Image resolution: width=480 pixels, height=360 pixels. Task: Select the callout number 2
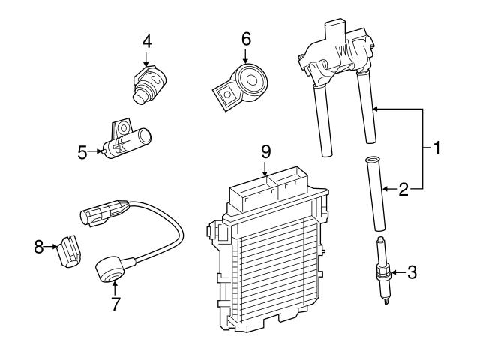pos(403,189)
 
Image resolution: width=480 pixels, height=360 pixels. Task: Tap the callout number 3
pos(410,273)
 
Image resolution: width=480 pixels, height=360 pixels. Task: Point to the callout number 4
pos(147,41)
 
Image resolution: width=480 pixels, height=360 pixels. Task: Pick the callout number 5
pos(82,153)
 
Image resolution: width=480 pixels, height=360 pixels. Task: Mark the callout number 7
pos(115,304)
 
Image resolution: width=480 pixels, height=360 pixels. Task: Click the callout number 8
pos(39,245)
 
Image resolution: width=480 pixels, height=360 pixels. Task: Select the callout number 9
pos(265,151)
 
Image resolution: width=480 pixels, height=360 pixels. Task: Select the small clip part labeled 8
pos(69,249)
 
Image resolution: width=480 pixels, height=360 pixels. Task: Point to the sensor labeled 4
pos(148,82)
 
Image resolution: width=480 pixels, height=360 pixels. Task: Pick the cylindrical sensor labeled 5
pos(129,139)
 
